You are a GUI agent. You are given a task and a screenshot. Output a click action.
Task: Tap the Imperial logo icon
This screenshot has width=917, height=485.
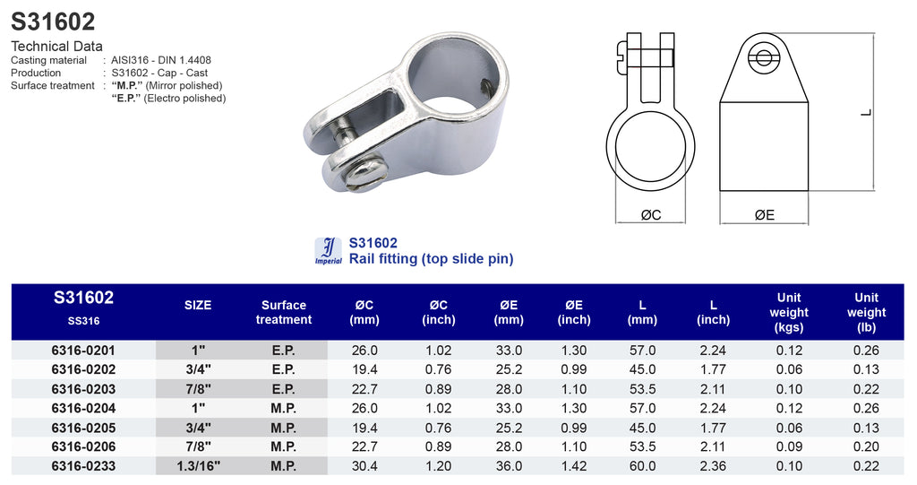[x=328, y=251]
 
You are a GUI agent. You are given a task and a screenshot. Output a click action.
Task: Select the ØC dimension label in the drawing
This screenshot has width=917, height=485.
[x=651, y=215]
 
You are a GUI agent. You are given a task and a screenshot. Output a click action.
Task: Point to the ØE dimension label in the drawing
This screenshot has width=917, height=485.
[x=765, y=215]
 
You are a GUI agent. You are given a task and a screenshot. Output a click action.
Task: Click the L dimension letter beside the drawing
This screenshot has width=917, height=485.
[x=866, y=112]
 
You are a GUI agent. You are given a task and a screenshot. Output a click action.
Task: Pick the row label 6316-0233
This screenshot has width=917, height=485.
[x=83, y=465]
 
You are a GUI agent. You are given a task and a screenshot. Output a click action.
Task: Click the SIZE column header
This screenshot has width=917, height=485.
[x=198, y=305]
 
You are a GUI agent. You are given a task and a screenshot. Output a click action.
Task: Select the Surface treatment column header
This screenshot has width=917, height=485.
[x=284, y=312]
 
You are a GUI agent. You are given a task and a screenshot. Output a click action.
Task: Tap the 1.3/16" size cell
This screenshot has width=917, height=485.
[x=198, y=465]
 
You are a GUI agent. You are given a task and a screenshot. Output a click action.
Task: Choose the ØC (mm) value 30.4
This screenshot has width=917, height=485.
[x=364, y=465]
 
